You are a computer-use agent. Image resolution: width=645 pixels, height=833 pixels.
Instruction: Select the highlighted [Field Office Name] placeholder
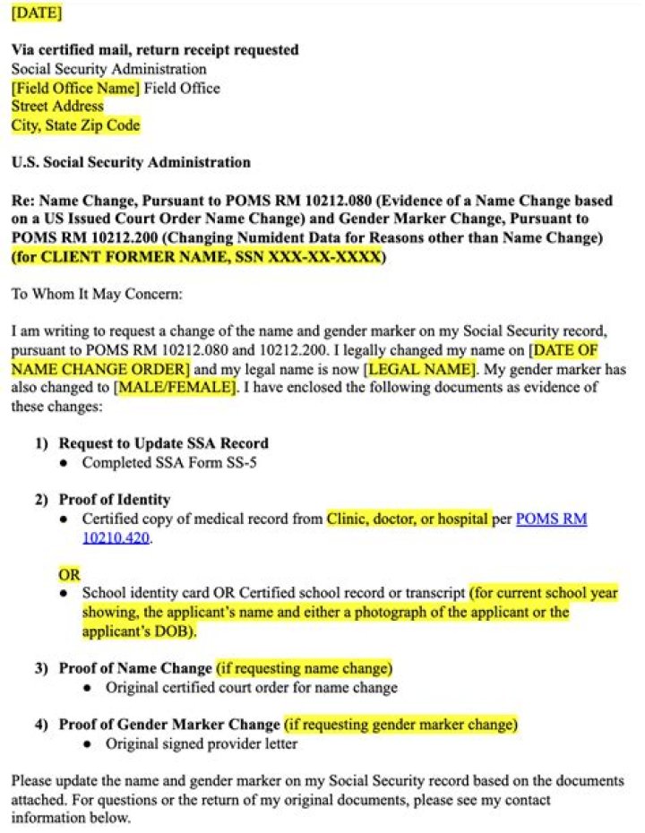75,88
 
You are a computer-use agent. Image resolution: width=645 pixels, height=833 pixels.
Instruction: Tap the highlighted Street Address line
57,107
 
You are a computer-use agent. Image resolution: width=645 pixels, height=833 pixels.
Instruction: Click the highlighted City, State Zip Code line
75,125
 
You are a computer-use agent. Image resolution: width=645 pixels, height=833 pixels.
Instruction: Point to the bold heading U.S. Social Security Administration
131,163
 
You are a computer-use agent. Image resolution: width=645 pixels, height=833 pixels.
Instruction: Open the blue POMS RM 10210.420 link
551,519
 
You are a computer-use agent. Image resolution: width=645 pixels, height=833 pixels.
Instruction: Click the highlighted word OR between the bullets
69,574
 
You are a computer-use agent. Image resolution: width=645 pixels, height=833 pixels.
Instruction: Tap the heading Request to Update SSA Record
163,443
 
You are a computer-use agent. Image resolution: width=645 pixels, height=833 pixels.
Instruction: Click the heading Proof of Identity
114,499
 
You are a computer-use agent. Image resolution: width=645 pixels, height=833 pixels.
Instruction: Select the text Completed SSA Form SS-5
160,463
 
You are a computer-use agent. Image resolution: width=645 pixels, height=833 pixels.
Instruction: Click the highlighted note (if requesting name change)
304,668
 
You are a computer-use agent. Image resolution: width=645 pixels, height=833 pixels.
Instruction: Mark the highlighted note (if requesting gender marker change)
400,724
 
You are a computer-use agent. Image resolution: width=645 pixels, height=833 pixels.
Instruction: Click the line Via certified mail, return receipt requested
155,50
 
